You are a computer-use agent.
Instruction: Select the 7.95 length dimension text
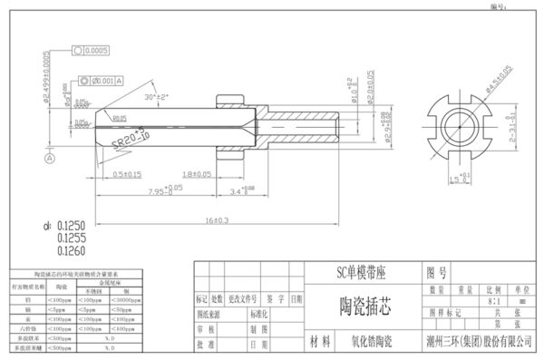(x=160, y=190)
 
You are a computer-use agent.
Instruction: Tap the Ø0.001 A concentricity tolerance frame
(x=101, y=82)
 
